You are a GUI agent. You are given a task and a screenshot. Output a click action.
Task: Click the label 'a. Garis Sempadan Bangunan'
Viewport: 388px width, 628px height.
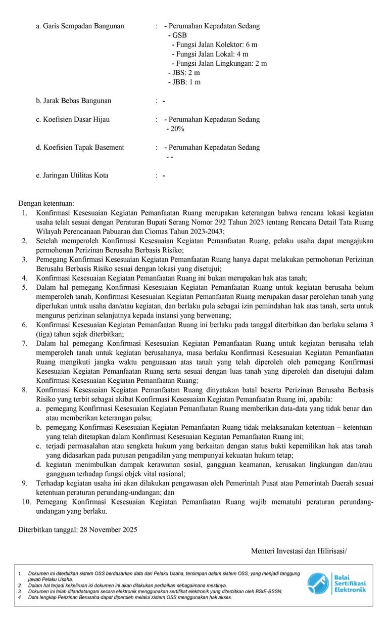click(x=80, y=26)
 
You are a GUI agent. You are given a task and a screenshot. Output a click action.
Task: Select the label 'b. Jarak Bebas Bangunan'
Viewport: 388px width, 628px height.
click(x=74, y=101)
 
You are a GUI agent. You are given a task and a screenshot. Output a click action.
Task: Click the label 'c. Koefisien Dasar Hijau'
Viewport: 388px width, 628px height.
click(x=73, y=120)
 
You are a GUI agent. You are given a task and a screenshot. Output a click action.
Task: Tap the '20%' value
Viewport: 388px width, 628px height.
click(x=177, y=129)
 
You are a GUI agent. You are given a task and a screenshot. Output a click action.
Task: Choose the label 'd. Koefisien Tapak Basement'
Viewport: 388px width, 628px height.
click(x=80, y=148)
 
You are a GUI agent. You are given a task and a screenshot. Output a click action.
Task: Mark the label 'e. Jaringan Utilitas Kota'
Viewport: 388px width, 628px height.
click(x=72, y=175)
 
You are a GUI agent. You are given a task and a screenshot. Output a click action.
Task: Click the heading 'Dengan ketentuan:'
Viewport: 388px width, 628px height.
click(x=46, y=203)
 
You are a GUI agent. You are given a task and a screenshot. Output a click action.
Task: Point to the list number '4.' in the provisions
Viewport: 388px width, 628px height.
click(x=24, y=278)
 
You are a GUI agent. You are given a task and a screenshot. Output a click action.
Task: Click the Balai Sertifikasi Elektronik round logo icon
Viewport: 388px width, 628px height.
click(x=318, y=584)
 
